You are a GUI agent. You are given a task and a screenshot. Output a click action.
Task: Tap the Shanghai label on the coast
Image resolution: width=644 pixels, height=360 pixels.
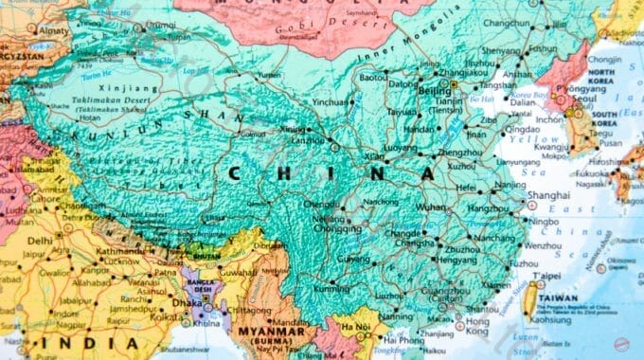tap(549, 195)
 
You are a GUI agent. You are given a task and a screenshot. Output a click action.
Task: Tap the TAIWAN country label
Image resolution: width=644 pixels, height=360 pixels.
tap(557, 297)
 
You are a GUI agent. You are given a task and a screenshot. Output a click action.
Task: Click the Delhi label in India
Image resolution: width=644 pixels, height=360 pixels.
tap(39, 241)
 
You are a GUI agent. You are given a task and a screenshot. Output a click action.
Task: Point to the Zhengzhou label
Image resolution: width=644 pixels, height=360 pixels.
tap(461, 152)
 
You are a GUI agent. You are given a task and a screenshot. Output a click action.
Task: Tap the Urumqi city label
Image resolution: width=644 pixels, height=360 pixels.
tap(161, 24)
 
